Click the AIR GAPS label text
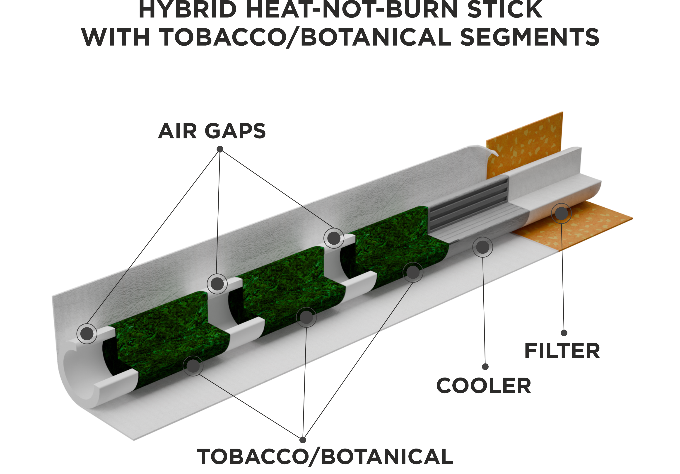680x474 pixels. coord(212,131)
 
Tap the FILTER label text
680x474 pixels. coord(562,351)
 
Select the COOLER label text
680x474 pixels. coord(484,386)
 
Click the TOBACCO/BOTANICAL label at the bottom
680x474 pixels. coord(325,457)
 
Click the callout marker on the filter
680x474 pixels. coord(561,213)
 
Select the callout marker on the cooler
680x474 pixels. coord(483,247)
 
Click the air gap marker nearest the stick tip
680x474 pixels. coord(87,334)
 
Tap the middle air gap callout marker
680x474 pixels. coord(217,284)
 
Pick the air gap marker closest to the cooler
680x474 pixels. coord(334,238)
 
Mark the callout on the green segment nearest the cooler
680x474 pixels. coord(413,272)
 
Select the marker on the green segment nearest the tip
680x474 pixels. coord(193,366)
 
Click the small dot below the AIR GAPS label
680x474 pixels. coord(220,149)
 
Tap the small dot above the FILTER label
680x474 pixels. coord(564,333)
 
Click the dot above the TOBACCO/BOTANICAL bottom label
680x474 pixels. coord(302,440)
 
